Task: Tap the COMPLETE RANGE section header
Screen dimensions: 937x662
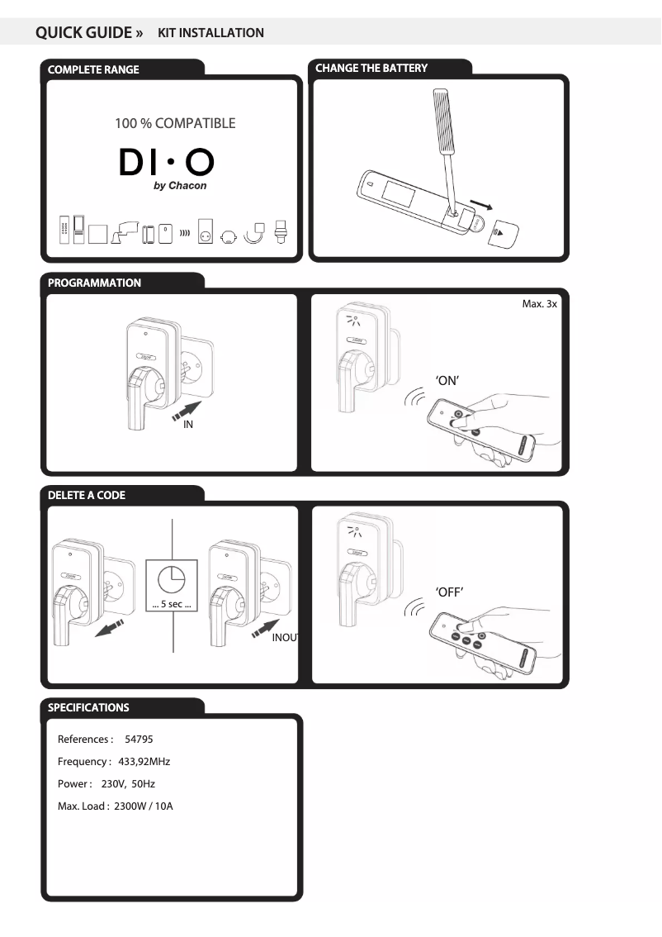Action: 93,69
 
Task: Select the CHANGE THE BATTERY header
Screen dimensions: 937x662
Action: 371,68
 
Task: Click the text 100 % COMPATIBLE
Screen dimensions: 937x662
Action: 175,124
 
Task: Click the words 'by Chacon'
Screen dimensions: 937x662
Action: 180,186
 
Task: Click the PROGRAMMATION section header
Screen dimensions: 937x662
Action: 94,283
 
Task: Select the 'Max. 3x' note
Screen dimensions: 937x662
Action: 540,304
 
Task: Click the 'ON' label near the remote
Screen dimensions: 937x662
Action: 447,381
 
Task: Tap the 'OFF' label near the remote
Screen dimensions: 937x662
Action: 449,592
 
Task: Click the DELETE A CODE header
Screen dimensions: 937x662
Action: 87,495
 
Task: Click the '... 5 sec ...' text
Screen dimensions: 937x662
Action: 172,605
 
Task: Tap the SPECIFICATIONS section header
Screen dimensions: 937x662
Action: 88,707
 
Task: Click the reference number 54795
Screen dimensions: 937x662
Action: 139,739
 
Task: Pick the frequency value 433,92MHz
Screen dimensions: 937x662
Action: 144,761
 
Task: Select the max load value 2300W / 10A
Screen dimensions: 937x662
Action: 144,806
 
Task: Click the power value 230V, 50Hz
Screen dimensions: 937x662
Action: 133,783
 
